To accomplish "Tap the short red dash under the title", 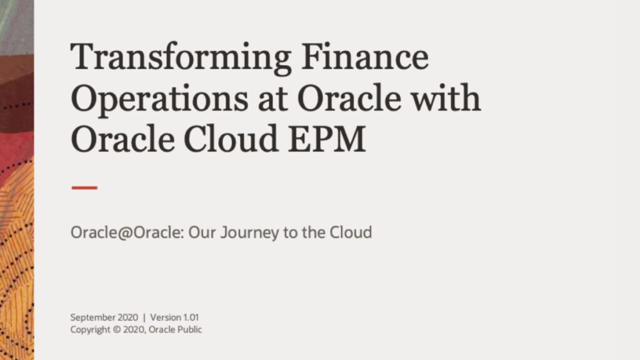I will click(84, 187).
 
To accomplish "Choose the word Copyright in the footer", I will click(90, 329).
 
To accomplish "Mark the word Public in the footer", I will click(189, 329).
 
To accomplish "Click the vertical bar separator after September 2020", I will click(144, 317).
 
